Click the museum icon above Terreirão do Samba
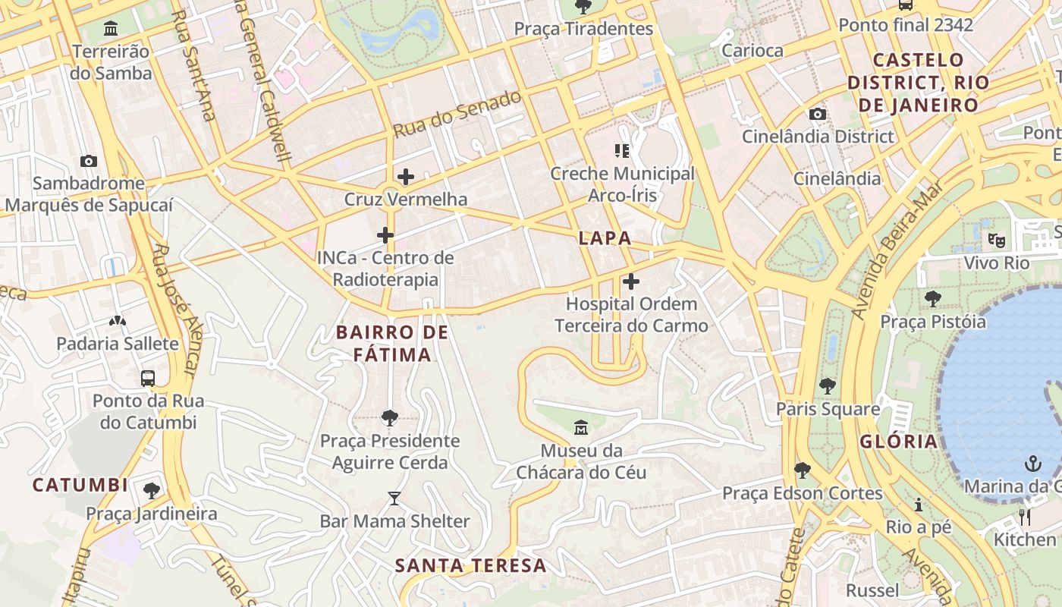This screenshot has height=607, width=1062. tap(112, 29)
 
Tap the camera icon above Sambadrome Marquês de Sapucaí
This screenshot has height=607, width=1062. tap(89, 161)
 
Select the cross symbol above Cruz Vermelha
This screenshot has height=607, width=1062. tap(406, 177)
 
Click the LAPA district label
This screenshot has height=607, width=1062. tap(605, 237)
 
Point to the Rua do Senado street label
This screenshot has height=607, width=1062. tap(457, 114)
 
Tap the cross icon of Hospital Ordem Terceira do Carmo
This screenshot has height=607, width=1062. tap(631, 281)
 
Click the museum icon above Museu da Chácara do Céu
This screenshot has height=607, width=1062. tap(581, 428)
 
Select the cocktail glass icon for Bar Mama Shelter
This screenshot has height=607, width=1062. tap(394, 498)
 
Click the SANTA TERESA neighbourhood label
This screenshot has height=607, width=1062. tap(470, 565)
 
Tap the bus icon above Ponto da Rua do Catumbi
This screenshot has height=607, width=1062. tap(148, 378)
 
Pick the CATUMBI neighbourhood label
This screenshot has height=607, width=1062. tap(80, 485)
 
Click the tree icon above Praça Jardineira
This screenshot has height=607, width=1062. tap(152, 491)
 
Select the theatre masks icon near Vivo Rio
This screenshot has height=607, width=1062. tap(996, 241)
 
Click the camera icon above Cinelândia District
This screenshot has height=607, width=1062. tap(817, 114)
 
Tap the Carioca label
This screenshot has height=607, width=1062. tap(753, 51)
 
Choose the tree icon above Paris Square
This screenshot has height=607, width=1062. tap(828, 385)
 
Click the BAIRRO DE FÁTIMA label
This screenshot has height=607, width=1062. tap(393, 343)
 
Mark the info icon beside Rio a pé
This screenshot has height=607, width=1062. tap(919, 505)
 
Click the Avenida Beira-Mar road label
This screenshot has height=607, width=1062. tap(895, 250)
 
